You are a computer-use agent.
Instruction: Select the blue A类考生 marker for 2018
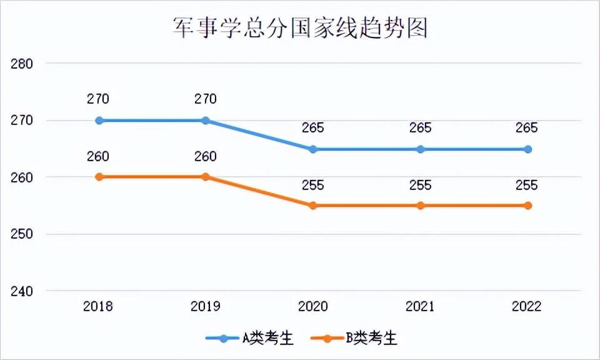[x=99, y=121]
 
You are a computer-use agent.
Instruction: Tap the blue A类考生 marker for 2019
[x=206, y=121]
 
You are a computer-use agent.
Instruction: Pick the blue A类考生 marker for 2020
[x=313, y=149]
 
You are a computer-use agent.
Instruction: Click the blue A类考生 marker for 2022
[x=528, y=149]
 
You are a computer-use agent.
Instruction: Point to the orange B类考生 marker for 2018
[x=99, y=177]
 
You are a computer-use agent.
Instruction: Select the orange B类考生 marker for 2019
[x=206, y=177]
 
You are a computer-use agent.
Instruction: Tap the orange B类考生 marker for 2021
[x=421, y=206]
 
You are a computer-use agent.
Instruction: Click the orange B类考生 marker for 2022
[x=528, y=206]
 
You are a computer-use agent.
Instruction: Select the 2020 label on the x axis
[x=313, y=307]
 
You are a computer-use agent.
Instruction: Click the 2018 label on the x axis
[x=99, y=307]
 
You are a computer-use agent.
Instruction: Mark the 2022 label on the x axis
[x=528, y=307]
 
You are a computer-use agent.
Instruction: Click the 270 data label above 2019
[x=206, y=99]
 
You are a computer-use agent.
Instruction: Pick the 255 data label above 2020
[x=313, y=185]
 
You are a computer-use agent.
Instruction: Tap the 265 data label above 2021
[x=421, y=128]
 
